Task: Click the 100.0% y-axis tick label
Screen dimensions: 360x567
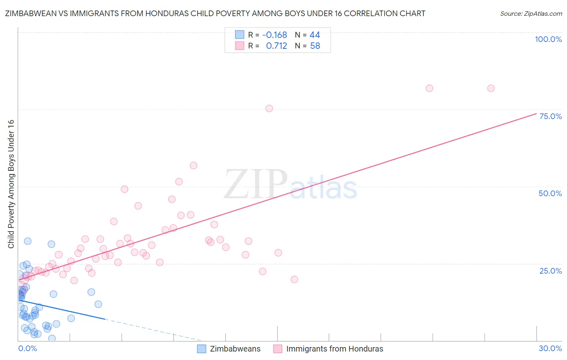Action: tap(548, 39)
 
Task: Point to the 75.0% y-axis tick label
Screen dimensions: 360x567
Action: tap(550, 116)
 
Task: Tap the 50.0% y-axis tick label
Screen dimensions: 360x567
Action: tap(550, 193)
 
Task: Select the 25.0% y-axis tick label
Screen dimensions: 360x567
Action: tap(550, 271)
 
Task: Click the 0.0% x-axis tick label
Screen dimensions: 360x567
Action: tap(27, 348)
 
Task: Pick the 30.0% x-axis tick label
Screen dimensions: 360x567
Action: tap(550, 348)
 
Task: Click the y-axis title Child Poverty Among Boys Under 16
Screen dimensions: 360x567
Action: tap(11, 184)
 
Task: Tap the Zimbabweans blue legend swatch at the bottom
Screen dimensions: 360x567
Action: tap(202, 349)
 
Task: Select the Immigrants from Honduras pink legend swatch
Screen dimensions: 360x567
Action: tap(277, 349)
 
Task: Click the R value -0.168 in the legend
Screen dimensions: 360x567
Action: tap(275, 35)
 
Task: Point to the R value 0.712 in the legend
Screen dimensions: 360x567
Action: tap(277, 46)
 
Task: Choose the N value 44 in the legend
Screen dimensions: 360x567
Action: tap(315, 35)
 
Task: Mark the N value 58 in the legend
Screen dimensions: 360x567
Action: tap(315, 46)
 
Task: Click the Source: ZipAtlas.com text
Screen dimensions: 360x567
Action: tap(531, 14)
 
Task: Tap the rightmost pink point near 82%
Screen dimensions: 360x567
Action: tap(491, 88)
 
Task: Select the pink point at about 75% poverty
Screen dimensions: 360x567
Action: tap(269, 109)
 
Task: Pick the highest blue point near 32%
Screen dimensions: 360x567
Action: tap(28, 241)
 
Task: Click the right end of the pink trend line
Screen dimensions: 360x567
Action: tap(536, 114)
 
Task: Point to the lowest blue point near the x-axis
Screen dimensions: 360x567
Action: tap(52, 338)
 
